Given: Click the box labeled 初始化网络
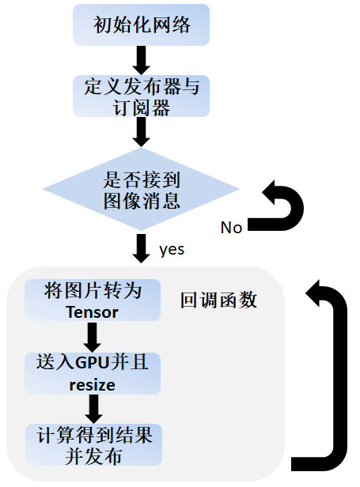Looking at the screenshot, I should point(142,26).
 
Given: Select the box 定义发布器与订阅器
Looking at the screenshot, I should point(142,96).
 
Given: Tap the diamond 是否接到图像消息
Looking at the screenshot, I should point(142,189).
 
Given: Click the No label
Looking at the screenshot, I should point(231,228).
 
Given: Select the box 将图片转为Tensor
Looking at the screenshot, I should point(93,300).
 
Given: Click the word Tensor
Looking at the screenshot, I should point(93,311).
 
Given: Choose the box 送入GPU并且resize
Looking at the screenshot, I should point(93,373).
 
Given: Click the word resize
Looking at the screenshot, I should point(93,385).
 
